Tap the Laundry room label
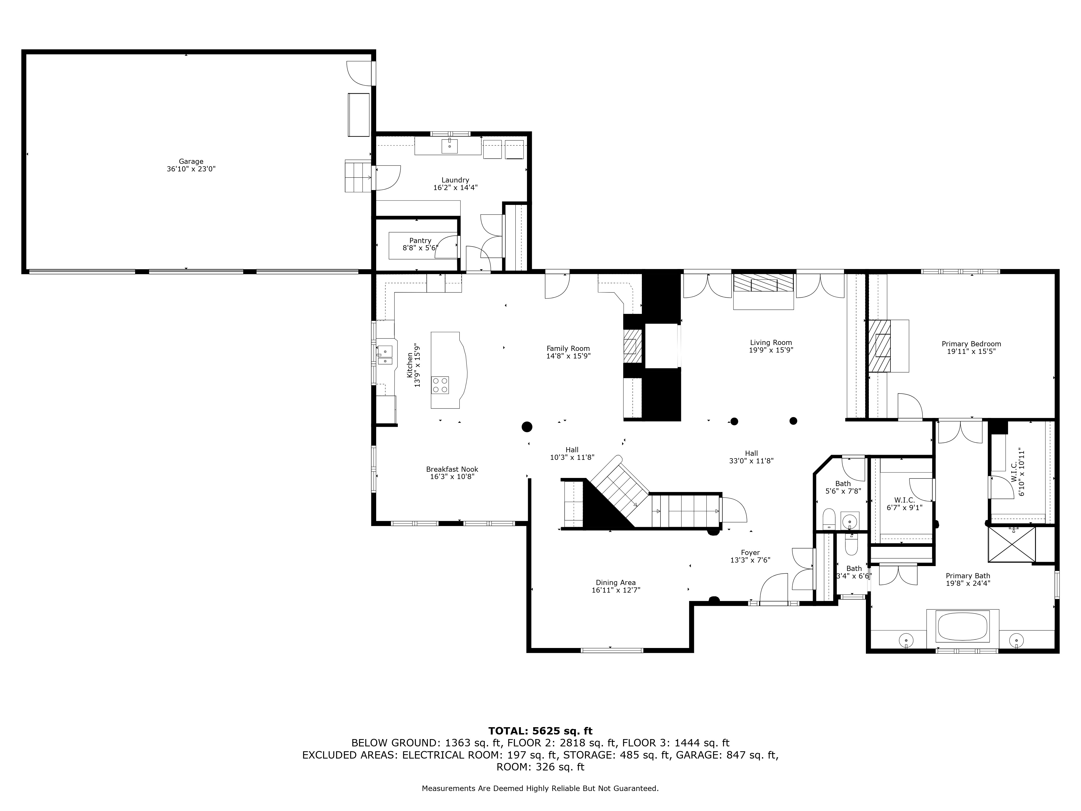(455, 180)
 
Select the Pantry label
(420, 241)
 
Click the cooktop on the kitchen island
(440, 385)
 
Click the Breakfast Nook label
(452, 469)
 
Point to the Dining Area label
(616, 583)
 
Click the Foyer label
(750, 553)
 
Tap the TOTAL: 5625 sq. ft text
(540, 731)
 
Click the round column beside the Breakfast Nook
(527, 427)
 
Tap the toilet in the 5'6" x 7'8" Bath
(829, 518)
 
